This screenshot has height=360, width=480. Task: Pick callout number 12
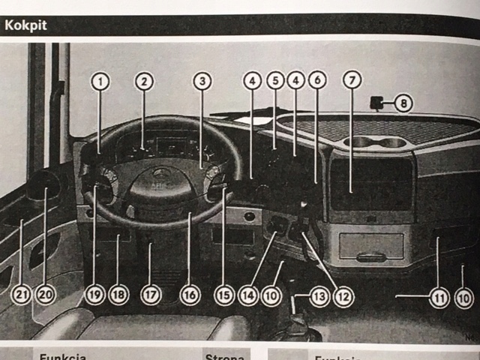tap(343, 295)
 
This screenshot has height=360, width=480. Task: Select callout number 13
tap(319, 295)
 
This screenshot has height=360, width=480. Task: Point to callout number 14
tap(248, 295)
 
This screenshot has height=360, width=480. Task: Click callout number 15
tap(223, 295)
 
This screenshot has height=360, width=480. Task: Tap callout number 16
tap(190, 295)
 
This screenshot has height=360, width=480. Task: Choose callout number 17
tap(151, 295)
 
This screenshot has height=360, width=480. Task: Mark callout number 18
tap(118, 295)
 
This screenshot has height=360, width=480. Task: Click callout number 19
tap(93, 295)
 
